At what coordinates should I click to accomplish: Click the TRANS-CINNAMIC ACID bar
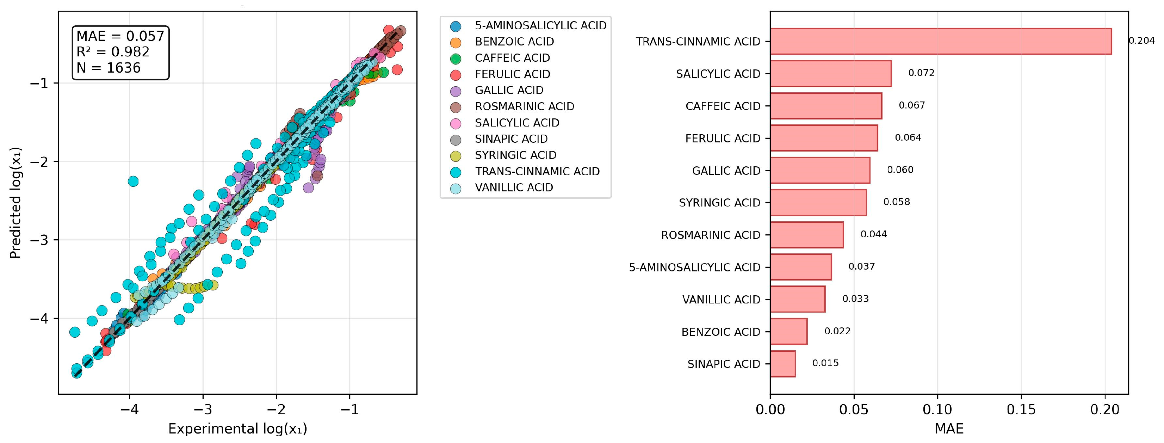tap(940, 41)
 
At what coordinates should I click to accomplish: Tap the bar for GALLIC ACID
tap(820, 171)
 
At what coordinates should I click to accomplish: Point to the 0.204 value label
tap(1141, 41)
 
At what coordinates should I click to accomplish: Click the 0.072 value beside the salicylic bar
tap(921, 73)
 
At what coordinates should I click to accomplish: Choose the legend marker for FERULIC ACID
tap(456, 75)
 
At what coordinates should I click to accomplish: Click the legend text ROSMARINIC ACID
tap(524, 107)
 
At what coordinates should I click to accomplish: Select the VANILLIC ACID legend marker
tap(456, 188)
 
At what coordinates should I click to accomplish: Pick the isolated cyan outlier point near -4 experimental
tap(133, 181)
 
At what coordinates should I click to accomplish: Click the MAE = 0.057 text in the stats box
tap(120, 36)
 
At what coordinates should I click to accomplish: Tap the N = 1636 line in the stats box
tap(109, 68)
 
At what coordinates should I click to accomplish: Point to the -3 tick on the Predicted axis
tap(40, 240)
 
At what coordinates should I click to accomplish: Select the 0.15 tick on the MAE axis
tap(1021, 410)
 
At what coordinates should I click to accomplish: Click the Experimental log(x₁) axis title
tap(238, 429)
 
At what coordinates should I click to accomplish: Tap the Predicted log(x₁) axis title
tap(16, 203)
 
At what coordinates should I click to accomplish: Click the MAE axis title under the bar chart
tap(949, 429)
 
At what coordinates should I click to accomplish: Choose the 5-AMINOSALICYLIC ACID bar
tap(800, 267)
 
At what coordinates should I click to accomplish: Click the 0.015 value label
tap(825, 363)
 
